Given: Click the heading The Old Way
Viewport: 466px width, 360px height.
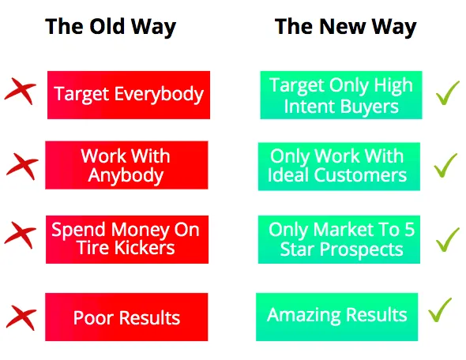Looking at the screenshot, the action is coord(111,28).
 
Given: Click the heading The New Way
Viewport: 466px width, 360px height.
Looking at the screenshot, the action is coord(346,28).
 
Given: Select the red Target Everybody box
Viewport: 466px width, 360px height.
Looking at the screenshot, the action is coord(129,95).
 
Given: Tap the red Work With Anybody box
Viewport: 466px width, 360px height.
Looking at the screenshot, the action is coord(126,165).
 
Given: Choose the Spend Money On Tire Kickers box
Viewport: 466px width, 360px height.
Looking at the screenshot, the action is coord(127,239).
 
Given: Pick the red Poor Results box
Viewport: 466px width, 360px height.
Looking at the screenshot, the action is coord(126,317).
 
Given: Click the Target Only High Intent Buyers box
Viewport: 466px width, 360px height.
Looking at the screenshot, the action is coord(341,95).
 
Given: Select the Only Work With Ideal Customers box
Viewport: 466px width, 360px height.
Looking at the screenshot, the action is coord(339,167).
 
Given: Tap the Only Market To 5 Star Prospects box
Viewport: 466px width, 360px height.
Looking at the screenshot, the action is coord(339,239).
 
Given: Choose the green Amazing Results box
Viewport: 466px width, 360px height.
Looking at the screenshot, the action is coord(337,317).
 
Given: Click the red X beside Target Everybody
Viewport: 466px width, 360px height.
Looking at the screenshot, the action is coord(21,91).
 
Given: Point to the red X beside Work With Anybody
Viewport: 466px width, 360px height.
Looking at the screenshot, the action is coord(23,166).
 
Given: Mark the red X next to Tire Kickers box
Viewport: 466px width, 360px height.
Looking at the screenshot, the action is coord(21,234).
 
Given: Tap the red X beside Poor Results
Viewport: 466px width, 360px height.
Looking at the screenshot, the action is coord(21,317).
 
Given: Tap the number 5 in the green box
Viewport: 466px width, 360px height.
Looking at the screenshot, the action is coord(410,230).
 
